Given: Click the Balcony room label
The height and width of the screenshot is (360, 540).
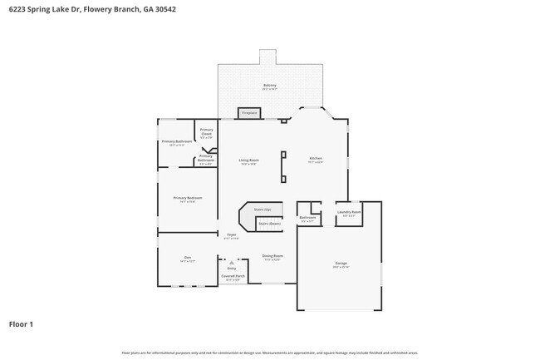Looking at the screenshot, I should pos(270,86).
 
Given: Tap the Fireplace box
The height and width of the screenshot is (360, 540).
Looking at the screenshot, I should pos(248,112).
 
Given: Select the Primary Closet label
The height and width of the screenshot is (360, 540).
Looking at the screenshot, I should pos(207,132).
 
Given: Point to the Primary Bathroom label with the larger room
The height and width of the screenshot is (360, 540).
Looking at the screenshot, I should pos(177,142).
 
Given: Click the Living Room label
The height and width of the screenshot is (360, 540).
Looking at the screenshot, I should pos(248,161).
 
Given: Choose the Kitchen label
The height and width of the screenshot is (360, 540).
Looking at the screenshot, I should pos(316,160).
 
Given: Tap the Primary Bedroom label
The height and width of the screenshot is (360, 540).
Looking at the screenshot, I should pos(188,199).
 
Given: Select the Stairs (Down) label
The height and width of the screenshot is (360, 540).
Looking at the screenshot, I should pos(269,223).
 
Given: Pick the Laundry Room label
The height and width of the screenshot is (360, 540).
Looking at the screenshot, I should pos(349,213).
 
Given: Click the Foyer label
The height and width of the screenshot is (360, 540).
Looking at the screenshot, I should pos(233,236).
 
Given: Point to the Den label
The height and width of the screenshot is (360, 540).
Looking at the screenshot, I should pos(188,259).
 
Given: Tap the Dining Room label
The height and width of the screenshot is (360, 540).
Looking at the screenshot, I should pos(273,257).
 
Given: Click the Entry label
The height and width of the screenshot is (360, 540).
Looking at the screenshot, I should pos(232,269).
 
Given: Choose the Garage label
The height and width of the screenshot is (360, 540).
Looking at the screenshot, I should pos(341,264).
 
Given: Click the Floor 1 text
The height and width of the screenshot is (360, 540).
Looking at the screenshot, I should pos(21,323).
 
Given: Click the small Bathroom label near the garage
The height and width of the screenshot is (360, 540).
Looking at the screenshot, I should pos(307,219).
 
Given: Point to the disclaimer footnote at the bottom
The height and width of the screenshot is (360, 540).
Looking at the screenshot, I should pos(269,353).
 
